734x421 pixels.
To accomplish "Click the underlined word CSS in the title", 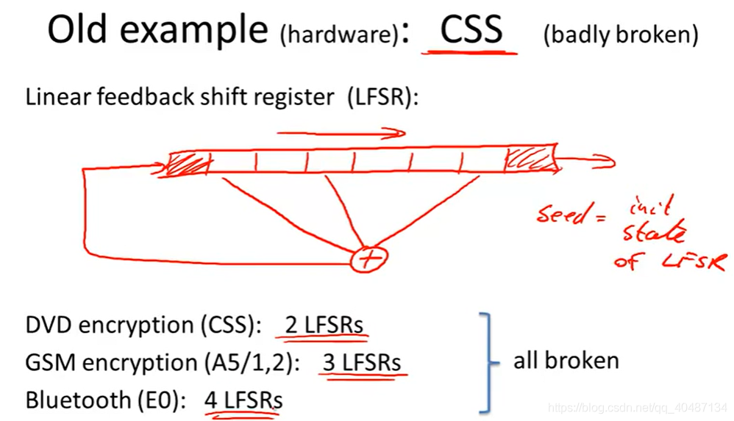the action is click(x=471, y=29).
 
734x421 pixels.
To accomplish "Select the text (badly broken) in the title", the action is click(x=621, y=34).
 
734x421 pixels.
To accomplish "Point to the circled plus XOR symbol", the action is click(x=369, y=259).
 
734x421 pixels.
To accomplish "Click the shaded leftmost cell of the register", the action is click(x=188, y=164).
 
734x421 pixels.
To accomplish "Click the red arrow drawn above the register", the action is click(x=341, y=133).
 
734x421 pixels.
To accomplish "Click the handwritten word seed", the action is click(x=562, y=214).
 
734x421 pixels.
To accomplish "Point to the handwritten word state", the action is click(x=654, y=231).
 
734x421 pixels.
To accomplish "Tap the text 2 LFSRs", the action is click(x=324, y=325).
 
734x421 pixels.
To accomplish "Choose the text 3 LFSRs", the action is click(x=362, y=362).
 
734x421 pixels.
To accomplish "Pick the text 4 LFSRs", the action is click(x=243, y=400).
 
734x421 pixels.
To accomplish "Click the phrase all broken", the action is click(x=566, y=361).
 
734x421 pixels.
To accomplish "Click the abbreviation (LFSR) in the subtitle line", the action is click(x=382, y=97).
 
